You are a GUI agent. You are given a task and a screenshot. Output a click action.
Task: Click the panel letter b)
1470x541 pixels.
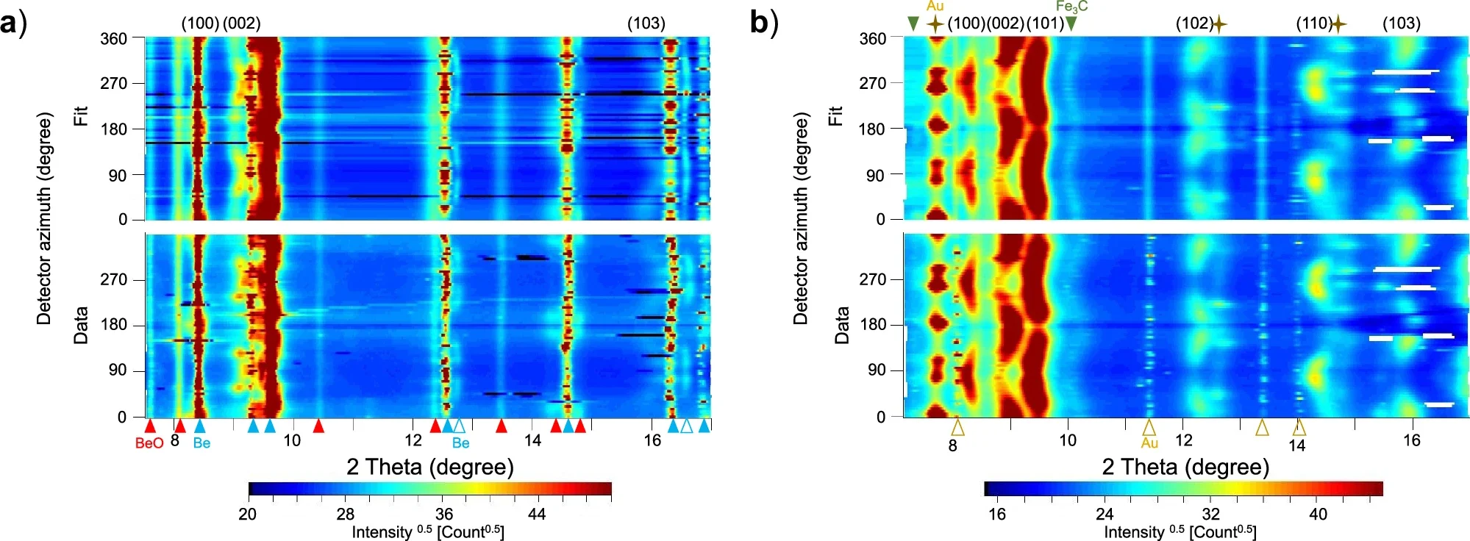(763, 24)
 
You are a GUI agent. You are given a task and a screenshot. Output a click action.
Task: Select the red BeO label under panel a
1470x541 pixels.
(149, 443)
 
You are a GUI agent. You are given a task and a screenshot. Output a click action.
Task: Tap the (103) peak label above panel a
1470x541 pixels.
(646, 24)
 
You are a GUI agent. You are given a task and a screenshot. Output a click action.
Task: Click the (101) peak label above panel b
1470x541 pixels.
(1044, 24)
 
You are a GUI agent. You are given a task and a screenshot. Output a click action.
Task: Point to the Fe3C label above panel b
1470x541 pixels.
(1071, 7)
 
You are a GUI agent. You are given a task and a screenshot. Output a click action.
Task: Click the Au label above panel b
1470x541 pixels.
(935, 7)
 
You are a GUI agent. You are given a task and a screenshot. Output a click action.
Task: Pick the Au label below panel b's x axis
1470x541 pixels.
(1149, 443)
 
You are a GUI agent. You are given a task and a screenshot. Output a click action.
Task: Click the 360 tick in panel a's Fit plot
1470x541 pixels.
(114, 39)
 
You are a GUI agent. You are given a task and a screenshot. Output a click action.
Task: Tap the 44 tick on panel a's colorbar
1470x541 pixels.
(537, 514)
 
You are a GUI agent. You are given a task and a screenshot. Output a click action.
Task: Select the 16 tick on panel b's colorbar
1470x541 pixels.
(997, 514)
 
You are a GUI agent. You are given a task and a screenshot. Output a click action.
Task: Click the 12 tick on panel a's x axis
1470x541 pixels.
(413, 440)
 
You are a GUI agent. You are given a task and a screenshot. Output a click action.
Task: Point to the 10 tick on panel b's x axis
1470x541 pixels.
(1067, 440)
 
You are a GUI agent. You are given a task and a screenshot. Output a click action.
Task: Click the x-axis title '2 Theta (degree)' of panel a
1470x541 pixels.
(429, 467)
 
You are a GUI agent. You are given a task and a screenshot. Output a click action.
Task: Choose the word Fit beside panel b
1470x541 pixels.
(835, 115)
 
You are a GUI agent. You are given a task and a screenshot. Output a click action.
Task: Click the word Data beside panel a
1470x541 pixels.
(80, 325)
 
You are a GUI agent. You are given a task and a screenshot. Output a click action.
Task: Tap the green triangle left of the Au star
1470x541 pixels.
(913, 24)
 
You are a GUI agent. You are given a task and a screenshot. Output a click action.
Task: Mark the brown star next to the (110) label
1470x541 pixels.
(1338, 24)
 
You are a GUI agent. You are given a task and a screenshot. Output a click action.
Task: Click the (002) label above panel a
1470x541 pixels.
(241, 24)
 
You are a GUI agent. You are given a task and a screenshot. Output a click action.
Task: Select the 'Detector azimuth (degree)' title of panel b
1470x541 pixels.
(800, 218)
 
